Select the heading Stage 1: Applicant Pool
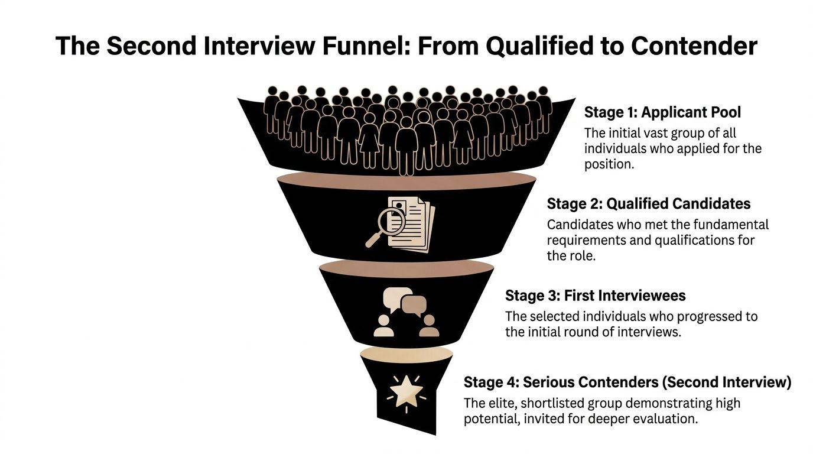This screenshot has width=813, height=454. (x=662, y=112)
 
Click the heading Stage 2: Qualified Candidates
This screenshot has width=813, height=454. (x=648, y=204)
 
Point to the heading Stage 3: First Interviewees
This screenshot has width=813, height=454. (x=595, y=296)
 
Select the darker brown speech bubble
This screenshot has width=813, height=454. (x=414, y=305)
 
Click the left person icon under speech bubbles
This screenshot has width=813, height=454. (x=384, y=327)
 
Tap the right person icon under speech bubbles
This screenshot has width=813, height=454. (x=428, y=327)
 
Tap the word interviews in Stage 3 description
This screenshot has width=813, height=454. (x=649, y=332)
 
